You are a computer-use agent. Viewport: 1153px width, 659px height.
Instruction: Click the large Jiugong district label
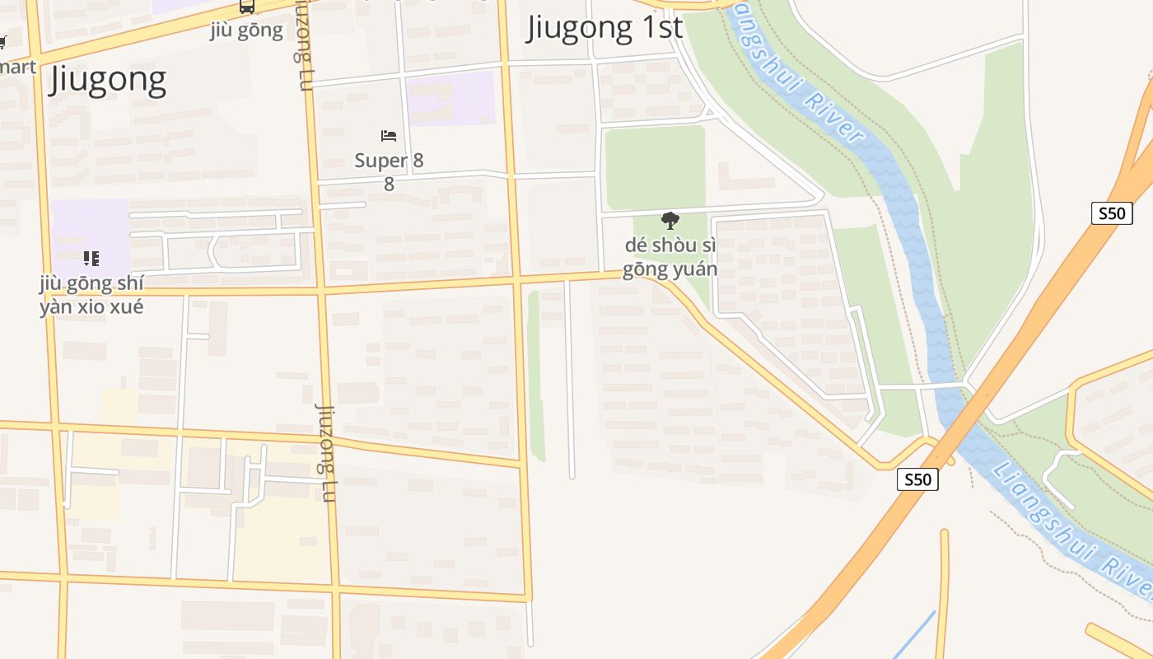pos(108,80)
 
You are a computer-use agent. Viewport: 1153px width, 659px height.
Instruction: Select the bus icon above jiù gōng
pos(246,7)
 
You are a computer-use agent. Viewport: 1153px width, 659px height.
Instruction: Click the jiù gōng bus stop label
pos(246,31)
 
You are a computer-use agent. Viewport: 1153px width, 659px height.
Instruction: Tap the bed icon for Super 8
pos(389,136)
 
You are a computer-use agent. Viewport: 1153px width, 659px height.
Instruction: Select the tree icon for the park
pos(670,220)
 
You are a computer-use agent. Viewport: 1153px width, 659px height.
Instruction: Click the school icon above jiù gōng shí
pos(91,259)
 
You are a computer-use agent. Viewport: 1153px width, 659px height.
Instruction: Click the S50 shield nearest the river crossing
pos(917,479)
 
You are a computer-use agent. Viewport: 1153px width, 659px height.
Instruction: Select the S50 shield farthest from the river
pos(1111,213)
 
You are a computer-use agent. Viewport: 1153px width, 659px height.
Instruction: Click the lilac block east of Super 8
pos(451,98)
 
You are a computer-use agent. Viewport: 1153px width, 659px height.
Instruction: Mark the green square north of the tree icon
pos(654,167)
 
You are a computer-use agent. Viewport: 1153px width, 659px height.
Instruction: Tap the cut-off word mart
pos(18,66)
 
